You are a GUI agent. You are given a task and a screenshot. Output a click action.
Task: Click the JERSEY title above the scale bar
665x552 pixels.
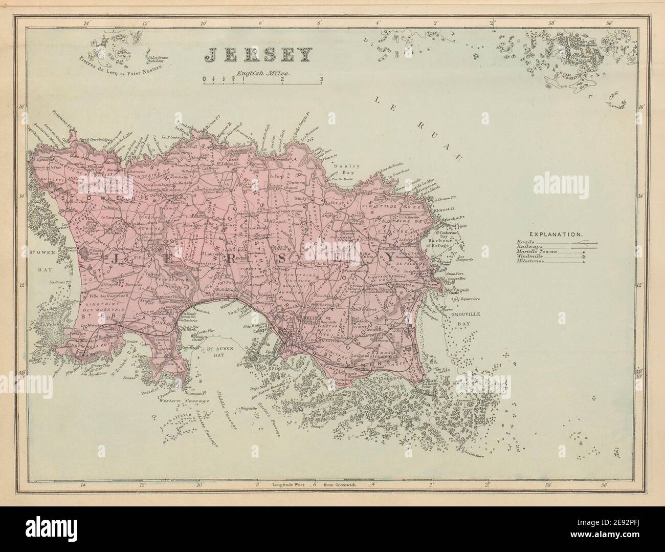click(x=258, y=55)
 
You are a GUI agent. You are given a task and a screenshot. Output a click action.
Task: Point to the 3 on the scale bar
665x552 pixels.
click(x=321, y=79)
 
